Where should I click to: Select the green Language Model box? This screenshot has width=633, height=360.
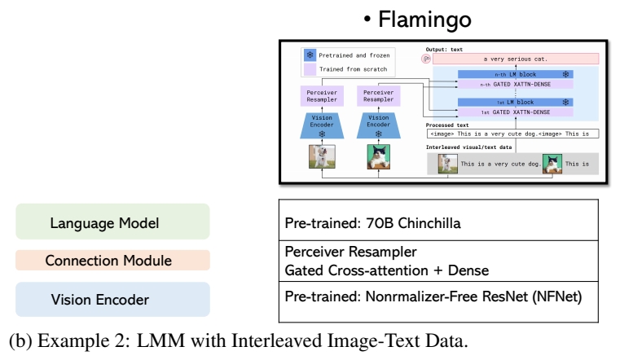(112, 222)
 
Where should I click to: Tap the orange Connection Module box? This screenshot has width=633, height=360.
(112, 261)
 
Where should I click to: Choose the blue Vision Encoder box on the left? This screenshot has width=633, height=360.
(112, 299)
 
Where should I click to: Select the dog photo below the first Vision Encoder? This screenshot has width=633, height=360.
(322, 156)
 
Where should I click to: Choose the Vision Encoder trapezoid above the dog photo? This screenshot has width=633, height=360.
(322, 124)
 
